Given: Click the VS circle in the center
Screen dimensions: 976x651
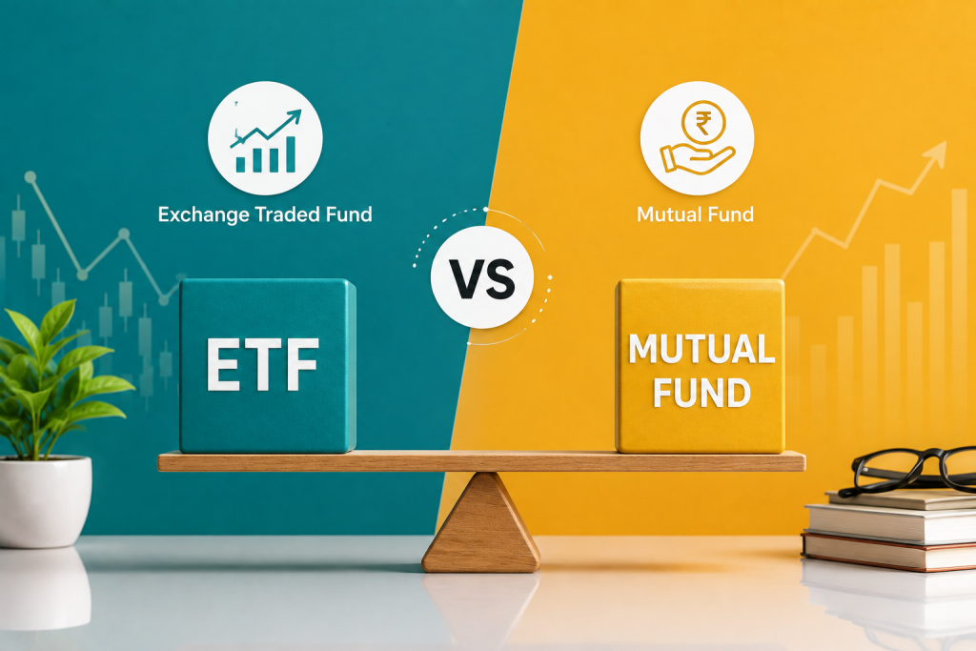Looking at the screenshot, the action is pos(482,277).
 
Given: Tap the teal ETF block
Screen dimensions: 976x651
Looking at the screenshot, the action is pos(268,365).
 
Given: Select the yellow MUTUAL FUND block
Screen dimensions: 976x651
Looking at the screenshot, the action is pos(701,366).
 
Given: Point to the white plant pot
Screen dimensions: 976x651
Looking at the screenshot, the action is pos(45,501).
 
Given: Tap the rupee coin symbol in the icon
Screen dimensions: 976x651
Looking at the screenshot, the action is pos(702,123).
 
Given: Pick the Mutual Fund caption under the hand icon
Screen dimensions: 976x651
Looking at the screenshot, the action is pos(695,214).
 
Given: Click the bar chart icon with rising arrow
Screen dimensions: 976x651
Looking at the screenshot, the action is pos(265,139).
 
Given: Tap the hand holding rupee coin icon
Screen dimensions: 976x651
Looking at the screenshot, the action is pos(697,138).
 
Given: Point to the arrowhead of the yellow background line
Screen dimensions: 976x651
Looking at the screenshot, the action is pos(936,153).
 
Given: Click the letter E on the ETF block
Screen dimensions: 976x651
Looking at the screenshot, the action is pos(223,365).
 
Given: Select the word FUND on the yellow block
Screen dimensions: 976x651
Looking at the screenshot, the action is pos(701,393).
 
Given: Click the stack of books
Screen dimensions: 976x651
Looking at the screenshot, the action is pos(890,529).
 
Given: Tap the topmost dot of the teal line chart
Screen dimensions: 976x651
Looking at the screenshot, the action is pos(30,177).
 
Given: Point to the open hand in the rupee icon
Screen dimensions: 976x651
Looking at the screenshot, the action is pos(697,158).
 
